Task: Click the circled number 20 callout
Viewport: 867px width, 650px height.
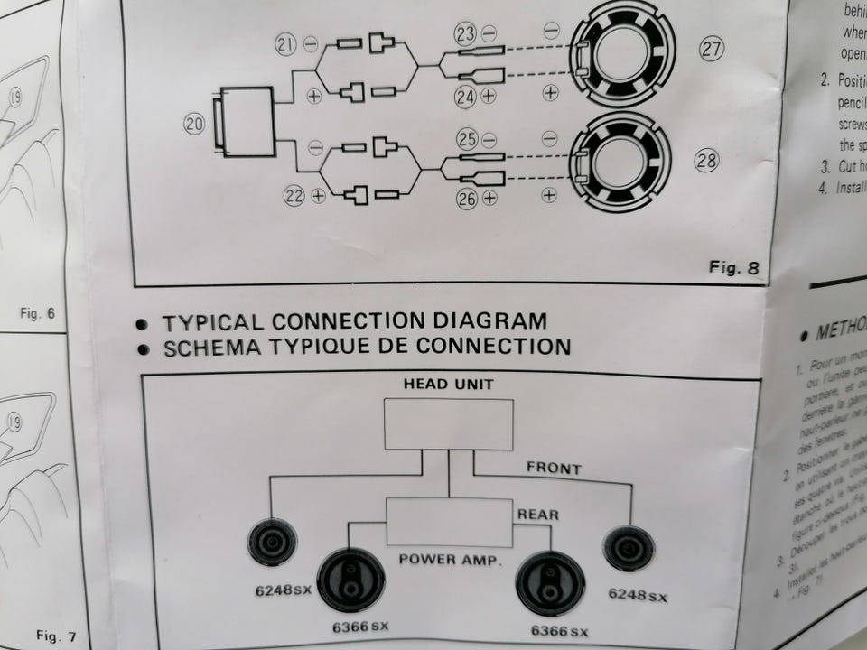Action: point(194,125)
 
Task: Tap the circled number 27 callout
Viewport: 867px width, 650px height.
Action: point(712,49)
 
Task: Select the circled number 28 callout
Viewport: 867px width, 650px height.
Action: point(706,162)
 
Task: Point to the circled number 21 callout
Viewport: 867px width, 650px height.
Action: point(287,43)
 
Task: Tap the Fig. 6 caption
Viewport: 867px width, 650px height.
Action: point(38,314)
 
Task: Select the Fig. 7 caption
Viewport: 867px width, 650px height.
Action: point(56,636)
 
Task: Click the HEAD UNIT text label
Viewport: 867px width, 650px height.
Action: point(448,383)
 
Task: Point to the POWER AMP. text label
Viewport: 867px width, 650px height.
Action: point(450,560)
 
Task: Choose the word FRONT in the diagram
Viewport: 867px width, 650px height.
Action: point(555,469)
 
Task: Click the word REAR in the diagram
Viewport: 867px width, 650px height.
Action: point(538,515)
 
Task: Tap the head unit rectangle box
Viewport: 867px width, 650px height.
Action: point(448,424)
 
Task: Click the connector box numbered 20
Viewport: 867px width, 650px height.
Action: point(246,121)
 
